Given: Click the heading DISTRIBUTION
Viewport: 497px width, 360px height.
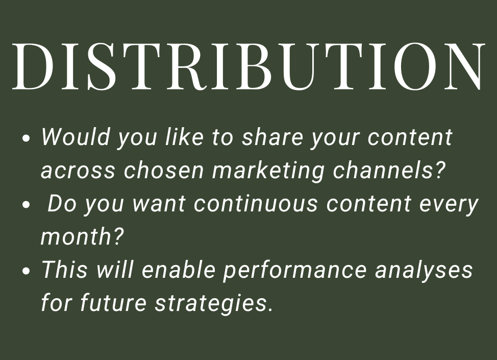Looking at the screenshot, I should (x=248, y=66).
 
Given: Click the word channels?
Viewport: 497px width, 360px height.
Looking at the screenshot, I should (x=390, y=171).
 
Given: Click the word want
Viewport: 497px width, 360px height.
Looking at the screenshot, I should (x=159, y=204).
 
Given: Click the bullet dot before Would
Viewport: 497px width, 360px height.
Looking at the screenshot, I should (x=28, y=139).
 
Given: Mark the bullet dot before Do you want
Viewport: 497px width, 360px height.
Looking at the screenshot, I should (x=28, y=205).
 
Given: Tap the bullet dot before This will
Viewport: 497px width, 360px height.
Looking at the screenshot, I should (x=28, y=271).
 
